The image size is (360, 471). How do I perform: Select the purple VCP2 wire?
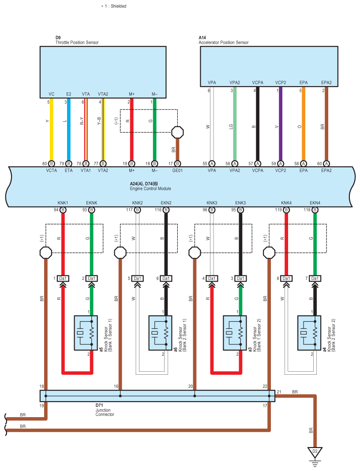[x=281, y=124]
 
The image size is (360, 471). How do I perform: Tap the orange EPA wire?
[x=303, y=124]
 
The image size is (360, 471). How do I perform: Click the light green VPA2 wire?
[x=235, y=124]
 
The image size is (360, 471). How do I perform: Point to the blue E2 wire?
[x=69, y=129]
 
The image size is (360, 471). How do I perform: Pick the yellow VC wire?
[x=51, y=129]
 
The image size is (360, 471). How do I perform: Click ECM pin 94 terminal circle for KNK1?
[x=63, y=210]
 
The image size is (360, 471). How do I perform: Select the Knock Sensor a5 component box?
[x=86, y=333]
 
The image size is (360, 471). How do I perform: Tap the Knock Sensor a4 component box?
[x=309, y=333]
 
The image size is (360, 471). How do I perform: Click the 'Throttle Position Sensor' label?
[x=77, y=42]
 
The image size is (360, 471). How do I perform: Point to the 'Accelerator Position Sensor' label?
[x=224, y=42]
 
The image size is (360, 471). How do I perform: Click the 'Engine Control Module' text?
[x=150, y=188]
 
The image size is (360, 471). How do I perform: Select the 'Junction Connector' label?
[x=105, y=412]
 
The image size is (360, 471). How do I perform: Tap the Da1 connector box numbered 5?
[x=137, y=279]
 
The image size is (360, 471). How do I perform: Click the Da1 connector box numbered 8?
[x=286, y=279]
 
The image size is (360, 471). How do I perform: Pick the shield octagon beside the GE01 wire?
[x=177, y=132]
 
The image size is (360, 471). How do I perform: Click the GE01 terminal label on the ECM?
[x=177, y=170]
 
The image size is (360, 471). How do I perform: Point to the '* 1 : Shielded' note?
[x=114, y=6]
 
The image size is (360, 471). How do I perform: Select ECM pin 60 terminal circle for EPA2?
[x=326, y=164]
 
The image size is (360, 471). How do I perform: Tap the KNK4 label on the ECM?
[x=286, y=203]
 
